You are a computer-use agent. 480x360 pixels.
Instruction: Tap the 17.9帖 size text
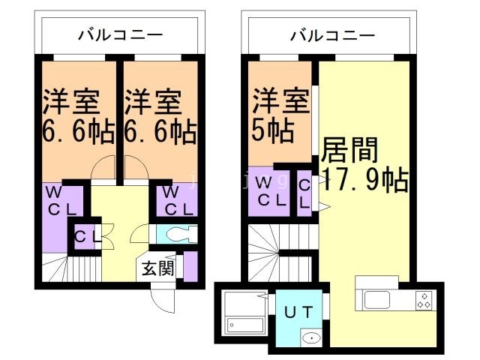point(364,180)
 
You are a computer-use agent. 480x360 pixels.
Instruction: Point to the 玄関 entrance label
point(157,268)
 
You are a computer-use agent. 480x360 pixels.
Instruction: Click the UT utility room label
point(298,310)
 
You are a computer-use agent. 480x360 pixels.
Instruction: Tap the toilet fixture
point(177,234)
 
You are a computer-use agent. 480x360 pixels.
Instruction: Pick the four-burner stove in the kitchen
point(424,300)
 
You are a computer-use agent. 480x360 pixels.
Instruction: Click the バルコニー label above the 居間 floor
point(331,34)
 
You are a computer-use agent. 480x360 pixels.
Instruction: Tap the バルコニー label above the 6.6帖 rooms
point(120,34)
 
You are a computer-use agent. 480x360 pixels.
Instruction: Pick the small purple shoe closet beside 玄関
point(190,267)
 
